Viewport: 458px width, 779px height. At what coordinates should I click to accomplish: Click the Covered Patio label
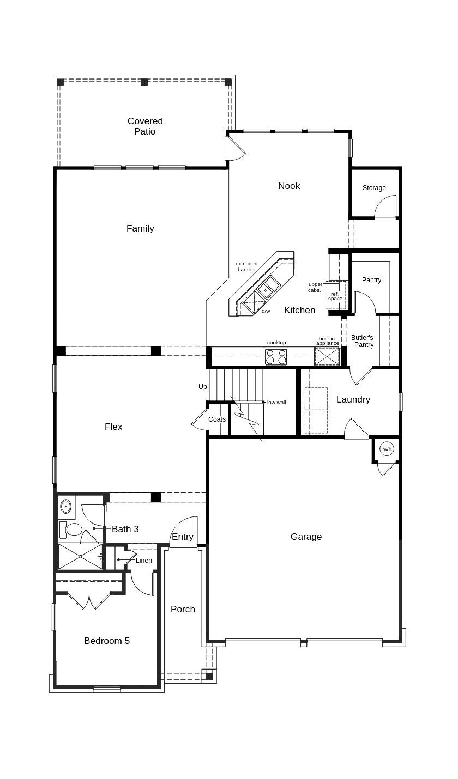coord(145,126)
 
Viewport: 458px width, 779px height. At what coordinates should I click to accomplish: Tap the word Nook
coord(289,186)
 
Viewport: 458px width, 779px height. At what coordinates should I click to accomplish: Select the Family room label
coord(140,229)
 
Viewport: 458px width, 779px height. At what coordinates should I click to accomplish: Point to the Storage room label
coord(374,188)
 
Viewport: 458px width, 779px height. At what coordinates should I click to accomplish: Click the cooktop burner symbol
coord(276,357)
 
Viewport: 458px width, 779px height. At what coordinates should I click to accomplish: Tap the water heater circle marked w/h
coord(387,449)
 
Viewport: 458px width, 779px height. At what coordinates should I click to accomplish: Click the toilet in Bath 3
coord(72,529)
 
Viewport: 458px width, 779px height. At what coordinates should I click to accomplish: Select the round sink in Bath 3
coord(66,507)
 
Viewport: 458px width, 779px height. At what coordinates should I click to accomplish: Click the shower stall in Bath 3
coord(80,556)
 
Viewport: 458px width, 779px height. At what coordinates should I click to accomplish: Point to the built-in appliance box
coord(327,356)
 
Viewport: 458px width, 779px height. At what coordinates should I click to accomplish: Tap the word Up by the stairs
coord(203,387)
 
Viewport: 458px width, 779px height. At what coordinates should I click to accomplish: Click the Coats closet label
coord(217,419)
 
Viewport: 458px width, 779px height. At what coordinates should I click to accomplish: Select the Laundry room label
coord(353,400)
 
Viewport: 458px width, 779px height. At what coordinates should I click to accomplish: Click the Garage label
coord(306,537)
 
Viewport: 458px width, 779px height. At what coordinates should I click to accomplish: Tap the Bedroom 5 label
coord(107,641)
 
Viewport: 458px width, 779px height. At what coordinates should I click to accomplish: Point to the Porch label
coord(183,610)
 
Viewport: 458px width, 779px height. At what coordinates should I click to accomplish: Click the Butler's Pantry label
coord(363,341)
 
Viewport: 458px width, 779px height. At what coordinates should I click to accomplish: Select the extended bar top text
coord(246,266)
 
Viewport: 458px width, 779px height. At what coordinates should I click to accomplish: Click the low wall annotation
coord(276,403)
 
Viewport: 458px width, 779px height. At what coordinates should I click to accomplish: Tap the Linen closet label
coord(144,561)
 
